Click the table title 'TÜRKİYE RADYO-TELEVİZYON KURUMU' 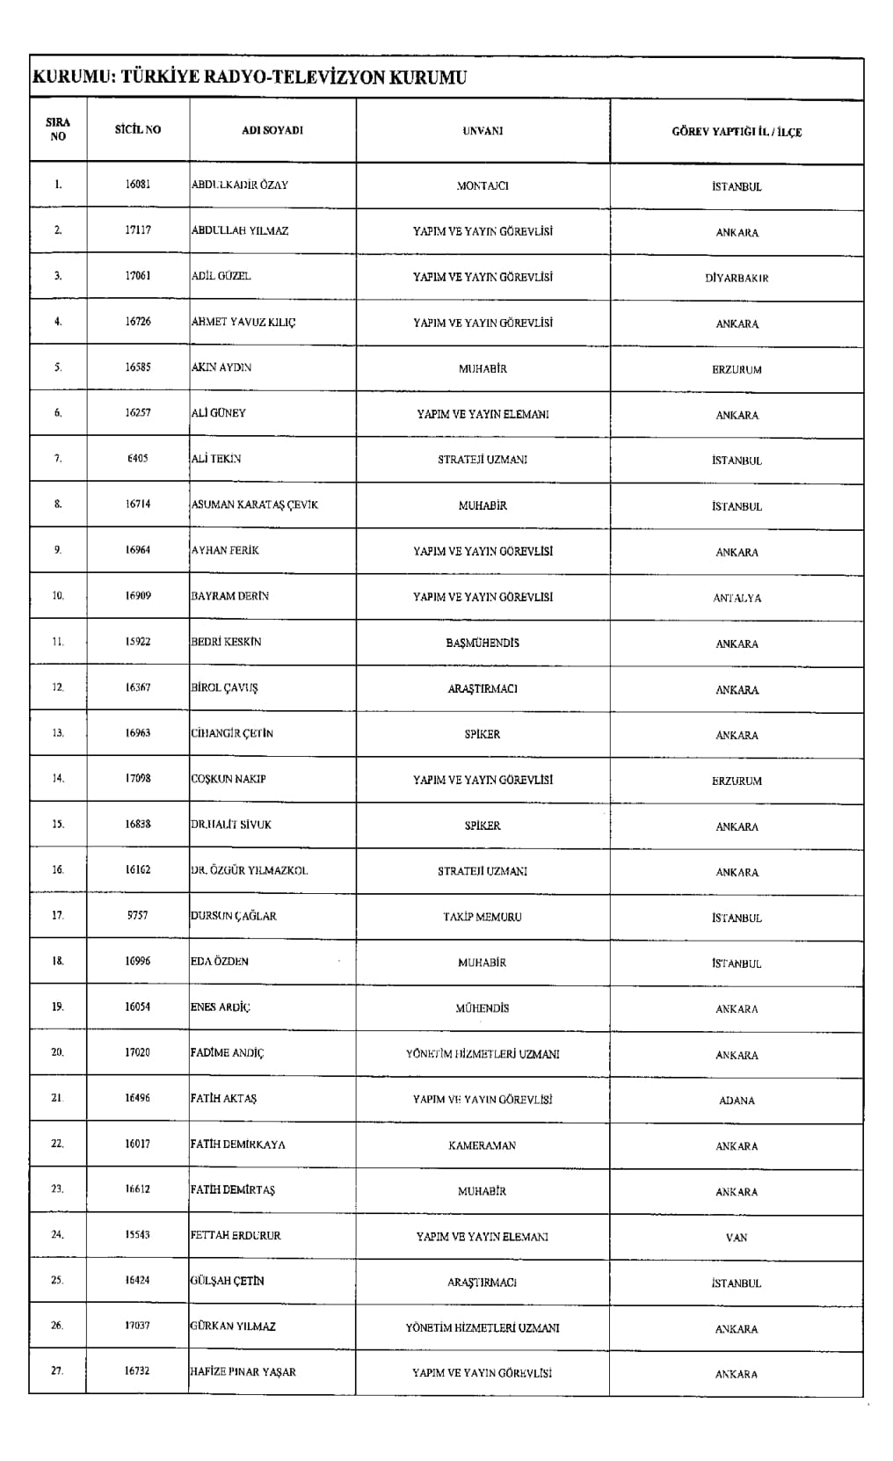pos(249,78)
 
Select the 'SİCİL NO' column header pos(138,130)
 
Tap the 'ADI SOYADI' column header pos(272,130)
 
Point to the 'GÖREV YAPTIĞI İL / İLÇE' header pos(737,133)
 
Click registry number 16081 pos(138,185)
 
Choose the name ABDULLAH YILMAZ pos(240,231)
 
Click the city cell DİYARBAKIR pos(737,279)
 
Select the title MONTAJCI pos(483,186)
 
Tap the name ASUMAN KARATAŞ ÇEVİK pos(255,505)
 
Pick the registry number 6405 pos(138,459)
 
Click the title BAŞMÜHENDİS pos(483,643)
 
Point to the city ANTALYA pos(737,599)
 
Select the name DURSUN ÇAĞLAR pos(234,916)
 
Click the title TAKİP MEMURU pos(483,917)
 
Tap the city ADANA pos(737,1101)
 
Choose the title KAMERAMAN pos(483,1146)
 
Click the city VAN pos(737,1238)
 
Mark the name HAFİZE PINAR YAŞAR pos(243,1372)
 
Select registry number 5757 pos(138,915)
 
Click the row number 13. pos(58,733)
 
